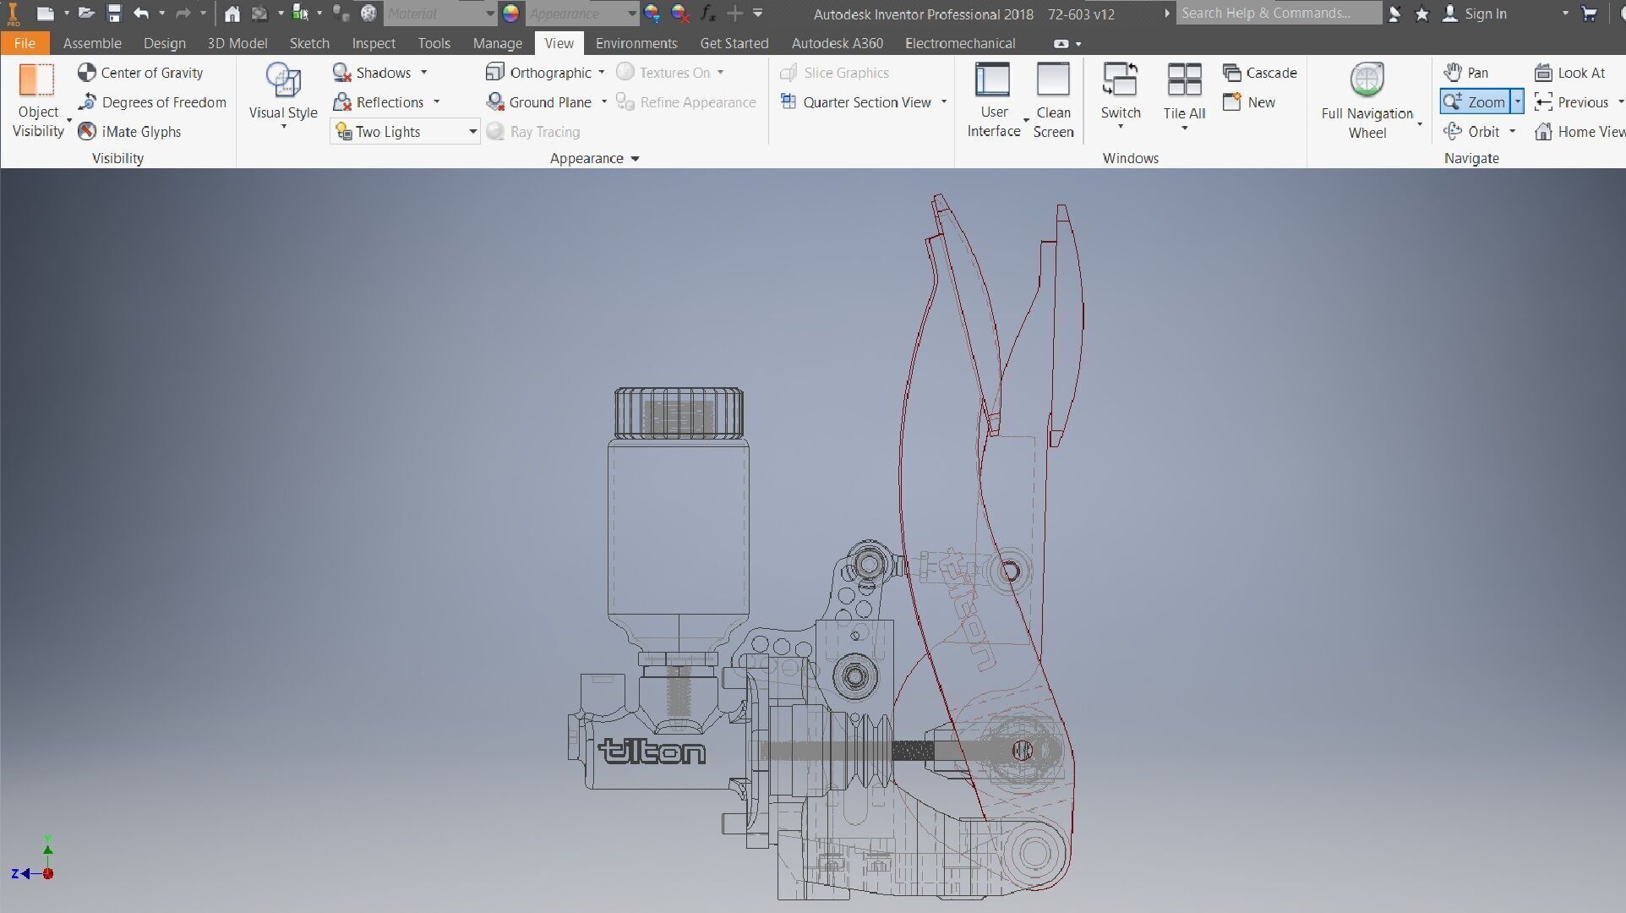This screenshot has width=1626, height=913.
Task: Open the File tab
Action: pos(25,43)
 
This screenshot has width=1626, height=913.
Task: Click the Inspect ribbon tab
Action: pos(374,43)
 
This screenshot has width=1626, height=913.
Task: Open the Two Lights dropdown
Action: pos(472,132)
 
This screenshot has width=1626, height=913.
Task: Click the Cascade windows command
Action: pos(1260,73)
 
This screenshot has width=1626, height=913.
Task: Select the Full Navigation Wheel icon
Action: pos(1367,81)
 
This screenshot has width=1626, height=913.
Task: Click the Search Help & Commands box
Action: pos(1278,14)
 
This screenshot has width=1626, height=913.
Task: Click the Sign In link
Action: pos(1485,14)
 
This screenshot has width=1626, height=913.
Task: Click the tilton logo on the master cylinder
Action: pos(652,751)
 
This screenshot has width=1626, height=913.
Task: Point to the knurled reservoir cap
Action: pos(679,413)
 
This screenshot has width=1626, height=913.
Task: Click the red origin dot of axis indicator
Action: pos(48,874)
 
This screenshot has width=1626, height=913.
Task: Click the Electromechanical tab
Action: pos(959,43)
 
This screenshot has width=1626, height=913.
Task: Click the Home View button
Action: pos(1580,132)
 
